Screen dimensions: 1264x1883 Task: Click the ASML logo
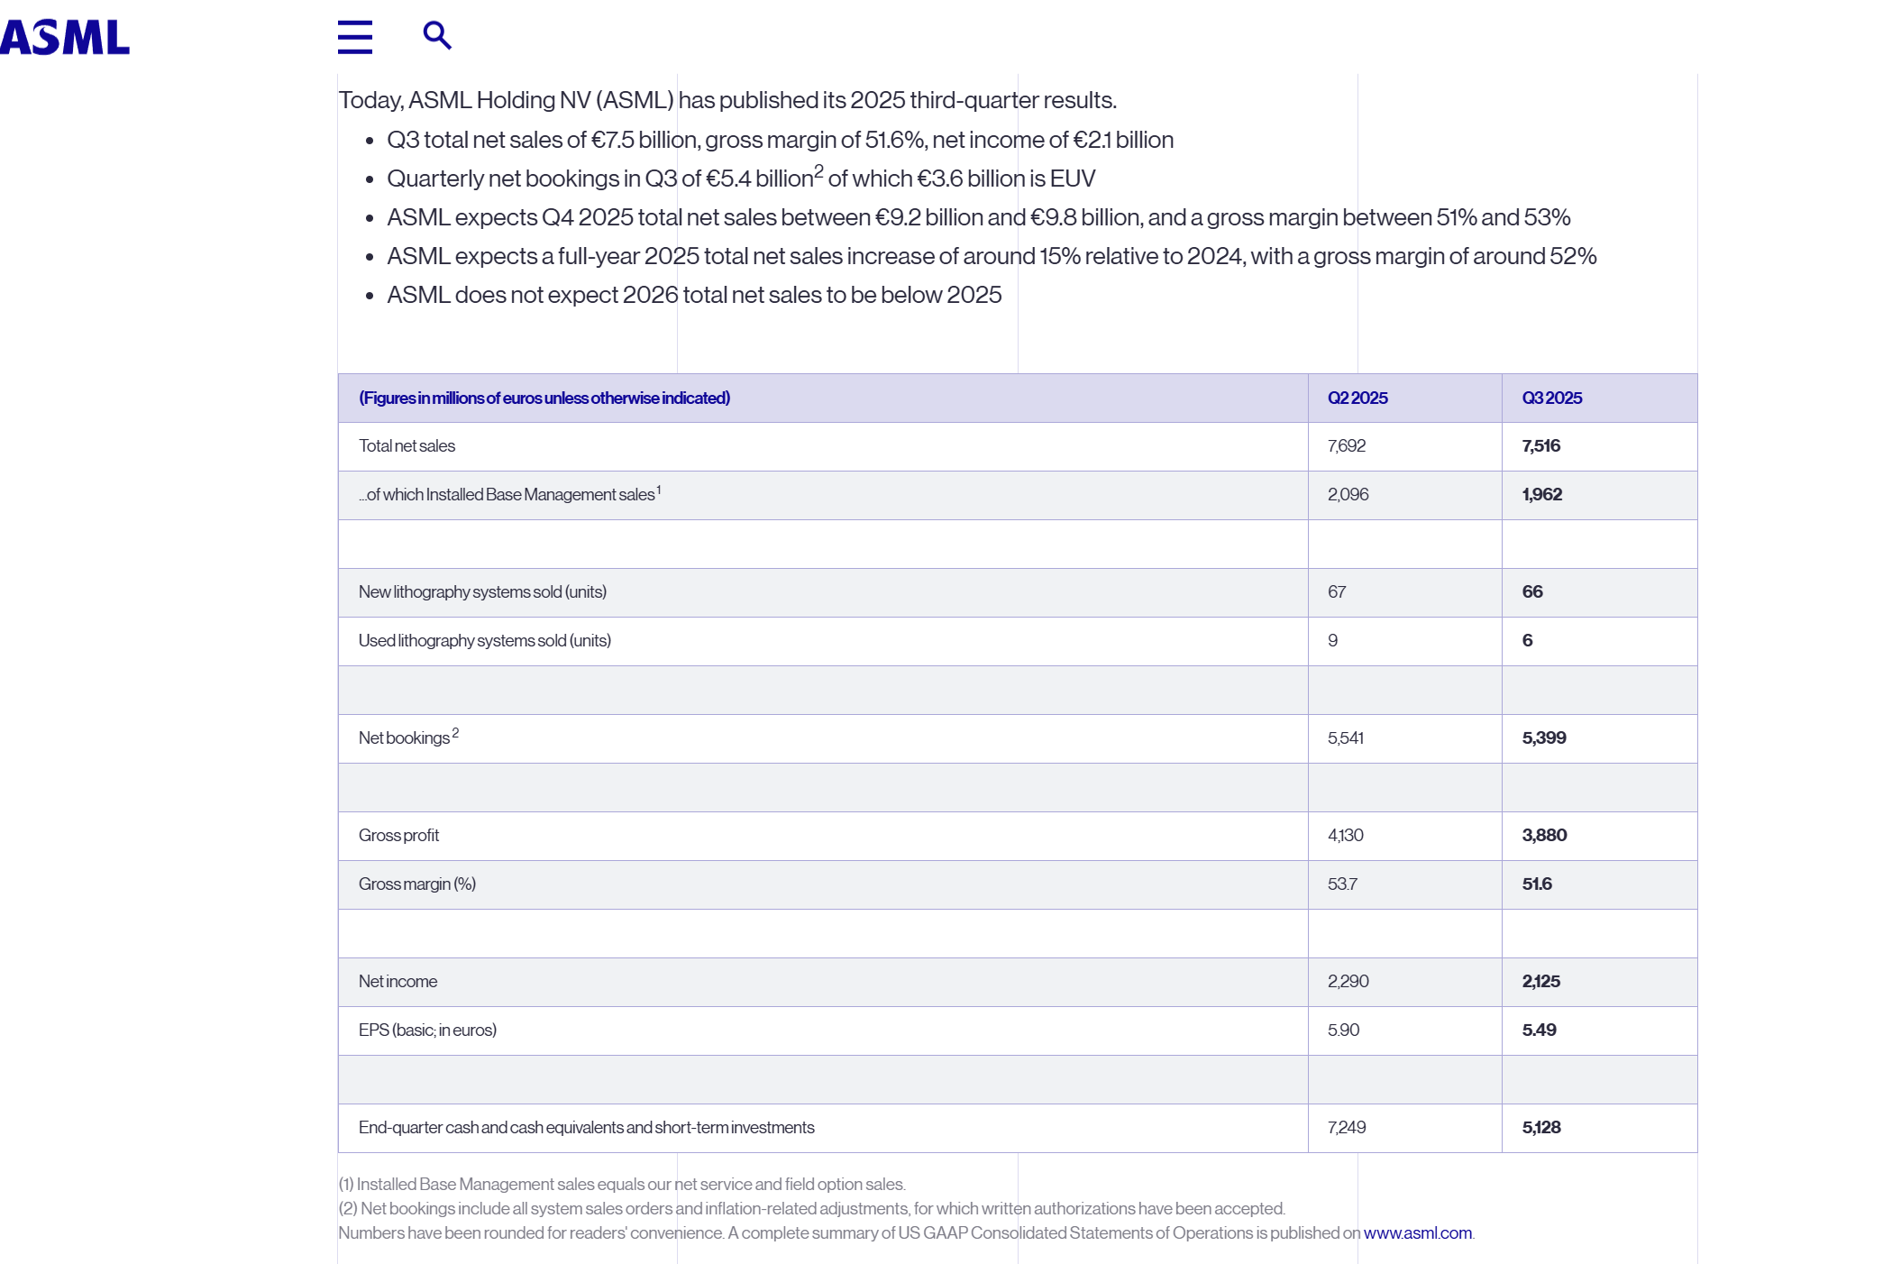click(x=65, y=37)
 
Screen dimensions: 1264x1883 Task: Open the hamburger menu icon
click(x=354, y=37)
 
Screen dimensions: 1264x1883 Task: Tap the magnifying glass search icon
click(x=437, y=35)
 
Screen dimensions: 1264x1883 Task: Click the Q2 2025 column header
click(x=1357, y=398)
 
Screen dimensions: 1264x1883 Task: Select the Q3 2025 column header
click(x=1551, y=398)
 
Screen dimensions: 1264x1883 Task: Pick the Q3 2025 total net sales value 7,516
click(x=1540, y=445)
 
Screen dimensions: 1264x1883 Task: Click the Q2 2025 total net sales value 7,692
click(x=1347, y=445)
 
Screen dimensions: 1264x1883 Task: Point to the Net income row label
click(x=398, y=981)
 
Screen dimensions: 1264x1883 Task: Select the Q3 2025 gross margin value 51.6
click(x=1537, y=884)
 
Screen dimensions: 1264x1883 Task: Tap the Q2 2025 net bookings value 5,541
click(x=1346, y=737)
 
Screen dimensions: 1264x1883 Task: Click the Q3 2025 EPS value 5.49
click(x=1539, y=1030)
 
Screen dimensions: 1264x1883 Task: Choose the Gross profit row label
click(x=398, y=835)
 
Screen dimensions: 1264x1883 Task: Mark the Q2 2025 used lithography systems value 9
click(x=1333, y=640)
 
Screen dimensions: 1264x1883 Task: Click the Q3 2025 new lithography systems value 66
click(x=1532, y=591)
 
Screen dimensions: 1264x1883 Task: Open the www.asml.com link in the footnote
click(x=1417, y=1232)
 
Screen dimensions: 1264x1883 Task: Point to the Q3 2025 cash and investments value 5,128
click(x=1541, y=1127)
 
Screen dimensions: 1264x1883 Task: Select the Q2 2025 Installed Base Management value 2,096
click(x=1348, y=494)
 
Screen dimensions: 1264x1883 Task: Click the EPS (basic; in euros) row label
click(x=427, y=1030)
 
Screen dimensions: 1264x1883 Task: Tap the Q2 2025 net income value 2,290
click(x=1348, y=981)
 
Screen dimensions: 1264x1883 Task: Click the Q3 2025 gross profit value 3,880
click(x=1544, y=835)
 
